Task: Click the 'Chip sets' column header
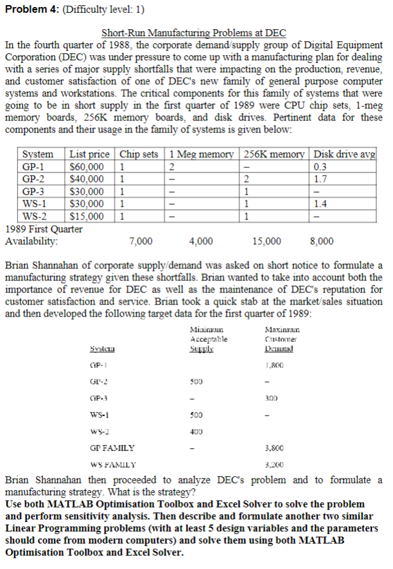[138, 154]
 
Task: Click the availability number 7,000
[140, 241]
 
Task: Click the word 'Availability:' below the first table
[31, 241]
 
